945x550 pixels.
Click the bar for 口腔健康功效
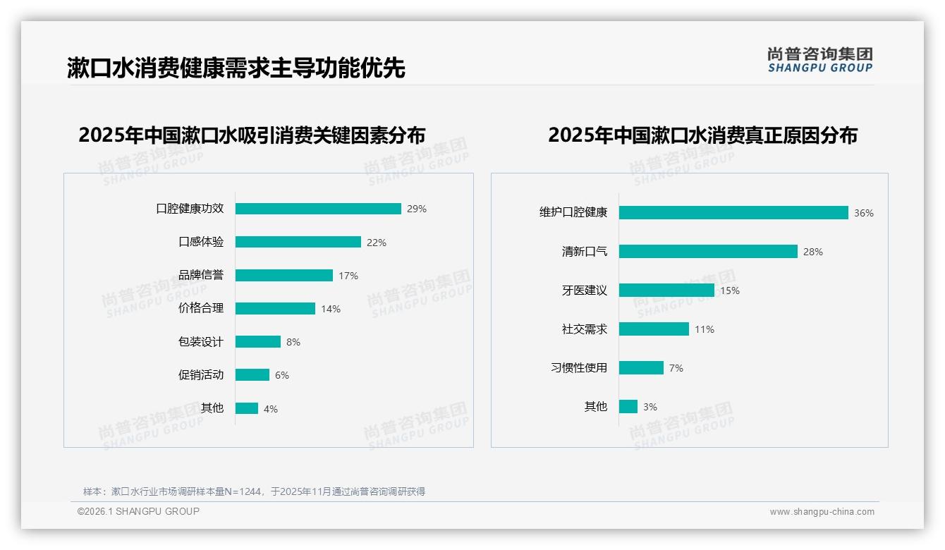(x=318, y=209)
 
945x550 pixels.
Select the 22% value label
(x=377, y=243)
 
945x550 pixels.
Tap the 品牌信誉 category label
(x=201, y=275)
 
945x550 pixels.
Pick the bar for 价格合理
(x=275, y=309)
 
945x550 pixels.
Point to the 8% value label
(x=293, y=342)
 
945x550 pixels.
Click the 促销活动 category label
(x=201, y=375)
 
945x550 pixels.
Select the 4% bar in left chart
(x=247, y=408)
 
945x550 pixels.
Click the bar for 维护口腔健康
(x=733, y=213)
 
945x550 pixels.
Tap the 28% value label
(x=813, y=252)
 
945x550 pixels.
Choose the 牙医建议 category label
(x=585, y=291)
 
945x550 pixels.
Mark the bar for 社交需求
(x=654, y=329)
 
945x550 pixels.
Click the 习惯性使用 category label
(x=579, y=368)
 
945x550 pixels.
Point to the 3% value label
(x=650, y=407)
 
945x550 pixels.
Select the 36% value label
(x=864, y=213)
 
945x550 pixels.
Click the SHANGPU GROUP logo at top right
(x=820, y=60)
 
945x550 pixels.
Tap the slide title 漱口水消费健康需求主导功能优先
(x=236, y=68)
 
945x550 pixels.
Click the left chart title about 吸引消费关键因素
(x=252, y=135)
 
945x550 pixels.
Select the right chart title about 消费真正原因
(x=702, y=135)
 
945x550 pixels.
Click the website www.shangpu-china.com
(x=822, y=512)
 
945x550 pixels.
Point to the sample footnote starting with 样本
(x=254, y=491)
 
